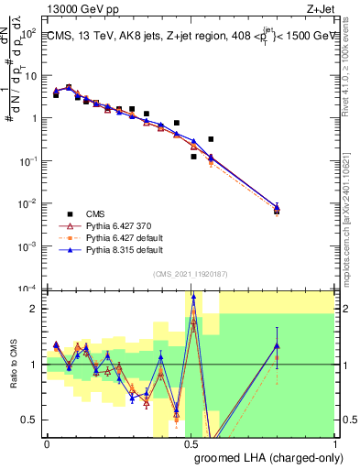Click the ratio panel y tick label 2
[34, 309]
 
